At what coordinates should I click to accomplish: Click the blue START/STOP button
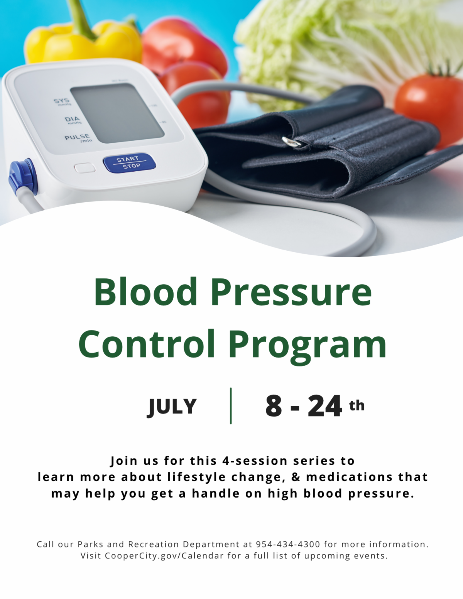(129, 163)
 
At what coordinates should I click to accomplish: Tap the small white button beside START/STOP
(84, 168)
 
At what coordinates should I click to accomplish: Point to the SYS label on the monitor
(61, 101)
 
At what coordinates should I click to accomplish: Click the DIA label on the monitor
(72, 119)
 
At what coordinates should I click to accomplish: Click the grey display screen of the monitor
(117, 113)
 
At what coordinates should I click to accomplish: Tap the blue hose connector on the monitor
(23, 176)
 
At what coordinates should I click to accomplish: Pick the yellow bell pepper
(83, 41)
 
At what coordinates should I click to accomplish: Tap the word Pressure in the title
(292, 293)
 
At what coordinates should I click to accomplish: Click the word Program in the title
(308, 347)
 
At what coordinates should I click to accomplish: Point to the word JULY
(172, 407)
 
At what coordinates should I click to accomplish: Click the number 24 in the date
(325, 406)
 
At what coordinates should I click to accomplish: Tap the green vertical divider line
(231, 405)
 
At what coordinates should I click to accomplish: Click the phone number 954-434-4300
(288, 544)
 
